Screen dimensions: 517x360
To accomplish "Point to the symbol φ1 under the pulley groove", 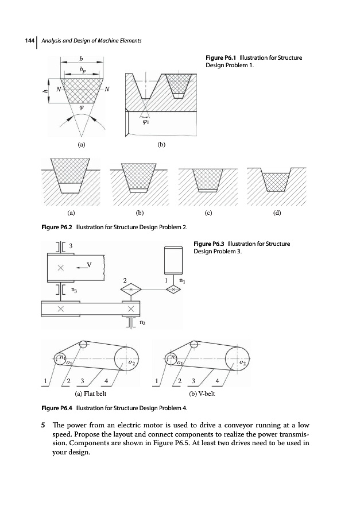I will pos(144,122).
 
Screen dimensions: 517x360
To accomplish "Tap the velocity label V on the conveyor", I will pos(88,265).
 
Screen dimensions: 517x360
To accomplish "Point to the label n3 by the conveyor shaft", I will pos(74,291).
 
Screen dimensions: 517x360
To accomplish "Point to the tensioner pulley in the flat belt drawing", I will pos(83,345).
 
